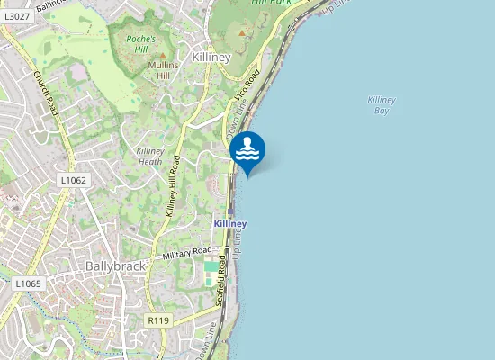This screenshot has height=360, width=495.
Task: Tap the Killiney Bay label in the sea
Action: point(382,105)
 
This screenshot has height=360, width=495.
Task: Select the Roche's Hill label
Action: point(141,44)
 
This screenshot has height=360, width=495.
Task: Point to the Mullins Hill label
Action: point(163,70)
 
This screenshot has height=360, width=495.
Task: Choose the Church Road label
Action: point(46,94)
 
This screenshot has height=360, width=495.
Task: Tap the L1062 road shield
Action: point(73,180)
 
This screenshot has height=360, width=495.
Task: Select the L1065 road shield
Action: point(27,283)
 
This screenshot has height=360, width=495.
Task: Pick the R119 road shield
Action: point(158,319)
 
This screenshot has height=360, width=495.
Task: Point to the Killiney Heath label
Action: point(149,157)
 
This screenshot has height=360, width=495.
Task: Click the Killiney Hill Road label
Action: point(174,186)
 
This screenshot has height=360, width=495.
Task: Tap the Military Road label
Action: point(187,254)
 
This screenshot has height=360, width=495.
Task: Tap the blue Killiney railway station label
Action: point(230,222)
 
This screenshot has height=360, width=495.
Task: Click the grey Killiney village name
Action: point(211,57)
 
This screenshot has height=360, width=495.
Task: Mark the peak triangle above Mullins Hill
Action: point(163,56)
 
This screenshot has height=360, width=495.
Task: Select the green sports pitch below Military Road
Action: point(211,266)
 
